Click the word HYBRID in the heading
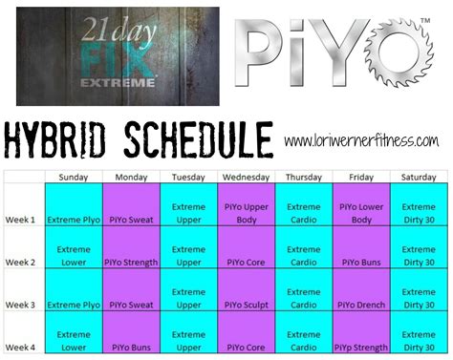point(61,139)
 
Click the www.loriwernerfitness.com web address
point(362,141)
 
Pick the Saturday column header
point(418,177)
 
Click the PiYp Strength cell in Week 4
point(361,348)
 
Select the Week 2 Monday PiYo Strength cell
point(135,261)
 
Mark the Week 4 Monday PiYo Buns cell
point(135,348)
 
